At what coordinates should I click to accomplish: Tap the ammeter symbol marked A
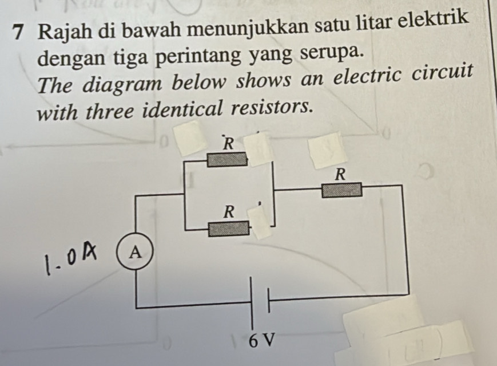tap(136, 253)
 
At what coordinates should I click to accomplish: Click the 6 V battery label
tap(261, 341)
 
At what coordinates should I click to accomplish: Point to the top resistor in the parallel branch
tap(226, 159)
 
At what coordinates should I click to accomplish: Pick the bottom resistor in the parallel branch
tap(228, 229)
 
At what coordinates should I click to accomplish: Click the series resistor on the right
tap(341, 190)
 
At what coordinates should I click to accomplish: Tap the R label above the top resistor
tap(229, 144)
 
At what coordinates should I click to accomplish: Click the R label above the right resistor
tap(341, 174)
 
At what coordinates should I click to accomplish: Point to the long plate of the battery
tap(252, 303)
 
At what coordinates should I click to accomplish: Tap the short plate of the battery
tap(269, 300)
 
